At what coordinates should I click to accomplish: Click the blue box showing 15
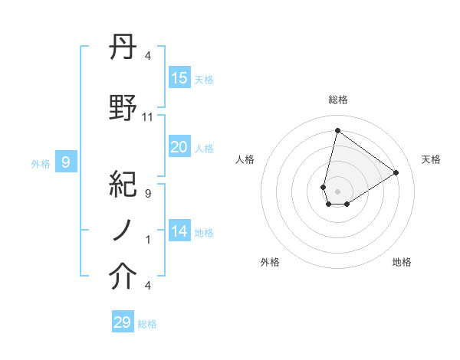click(179, 78)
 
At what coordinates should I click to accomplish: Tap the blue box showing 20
click(179, 147)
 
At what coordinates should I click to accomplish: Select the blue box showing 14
click(179, 231)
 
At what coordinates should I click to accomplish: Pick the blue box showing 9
click(66, 162)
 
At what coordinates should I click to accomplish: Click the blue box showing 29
click(123, 322)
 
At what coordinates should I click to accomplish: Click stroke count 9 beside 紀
click(148, 194)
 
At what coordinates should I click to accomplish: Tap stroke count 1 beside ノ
click(148, 240)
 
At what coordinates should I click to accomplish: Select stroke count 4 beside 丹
click(148, 56)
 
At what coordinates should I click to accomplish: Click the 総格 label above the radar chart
click(337, 100)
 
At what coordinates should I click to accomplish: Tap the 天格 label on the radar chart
click(431, 159)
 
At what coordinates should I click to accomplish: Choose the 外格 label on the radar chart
click(270, 262)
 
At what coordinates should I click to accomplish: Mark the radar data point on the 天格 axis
click(396, 172)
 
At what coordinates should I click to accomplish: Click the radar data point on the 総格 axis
click(337, 130)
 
